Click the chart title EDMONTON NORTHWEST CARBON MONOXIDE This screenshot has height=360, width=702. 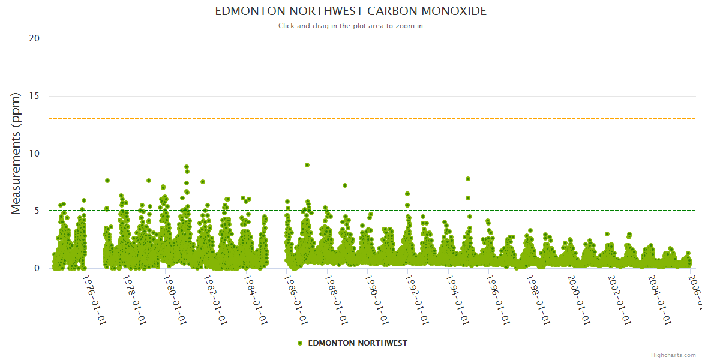[350, 11]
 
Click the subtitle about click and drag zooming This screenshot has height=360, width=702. [350, 26]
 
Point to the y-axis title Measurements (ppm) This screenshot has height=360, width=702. [16, 153]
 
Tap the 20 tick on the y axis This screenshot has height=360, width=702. [34, 38]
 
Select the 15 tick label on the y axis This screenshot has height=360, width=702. [34, 96]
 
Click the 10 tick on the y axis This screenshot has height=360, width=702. [34, 154]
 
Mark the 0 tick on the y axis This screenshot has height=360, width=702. [37, 268]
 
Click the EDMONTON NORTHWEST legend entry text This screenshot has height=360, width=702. [358, 343]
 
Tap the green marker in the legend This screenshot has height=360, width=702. [300, 343]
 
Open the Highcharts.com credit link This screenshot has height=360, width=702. [673, 355]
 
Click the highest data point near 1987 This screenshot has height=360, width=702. [307, 164]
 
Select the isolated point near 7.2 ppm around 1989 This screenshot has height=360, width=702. [345, 185]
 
